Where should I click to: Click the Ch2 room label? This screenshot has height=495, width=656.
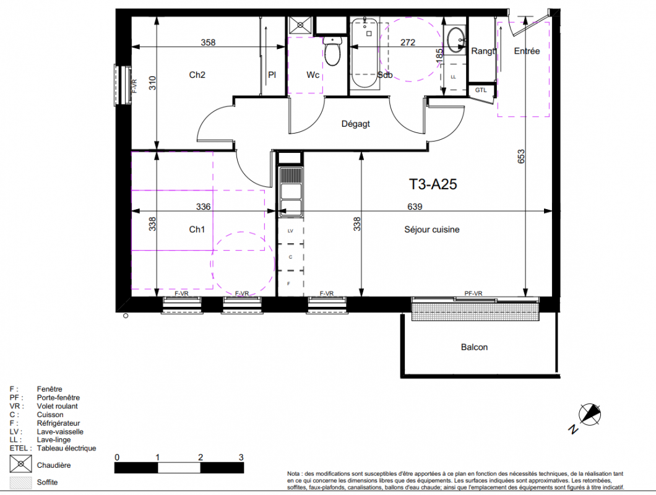coord(197,75)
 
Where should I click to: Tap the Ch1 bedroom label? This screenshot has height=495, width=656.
coord(197,230)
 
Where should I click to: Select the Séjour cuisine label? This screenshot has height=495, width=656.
coord(432,230)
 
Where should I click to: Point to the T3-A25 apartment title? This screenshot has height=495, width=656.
coord(433,184)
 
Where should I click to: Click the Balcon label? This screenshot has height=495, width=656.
coord(474,347)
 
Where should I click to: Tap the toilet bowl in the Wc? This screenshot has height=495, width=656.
coord(332,51)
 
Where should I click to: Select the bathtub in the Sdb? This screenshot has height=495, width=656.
coord(364,53)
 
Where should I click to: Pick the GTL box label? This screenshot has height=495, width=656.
coord(481,90)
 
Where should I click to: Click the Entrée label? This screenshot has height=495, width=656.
coord(527,51)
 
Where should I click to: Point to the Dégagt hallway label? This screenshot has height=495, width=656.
coord(356,124)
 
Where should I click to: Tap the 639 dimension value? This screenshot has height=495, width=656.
coord(415,207)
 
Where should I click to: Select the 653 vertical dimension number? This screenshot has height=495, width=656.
coord(521,157)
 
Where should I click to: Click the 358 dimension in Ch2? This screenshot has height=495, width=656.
coord(208,42)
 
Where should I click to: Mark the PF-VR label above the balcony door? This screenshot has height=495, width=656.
coord(473,293)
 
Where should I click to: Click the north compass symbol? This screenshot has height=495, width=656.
coord(589,415)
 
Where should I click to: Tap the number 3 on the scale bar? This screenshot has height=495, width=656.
coord(241,457)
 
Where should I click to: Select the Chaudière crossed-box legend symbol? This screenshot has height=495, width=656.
coord(20,463)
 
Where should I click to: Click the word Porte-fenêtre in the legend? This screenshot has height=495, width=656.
coord(58,397)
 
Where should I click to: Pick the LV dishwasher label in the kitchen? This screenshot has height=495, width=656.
coord(290,231)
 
